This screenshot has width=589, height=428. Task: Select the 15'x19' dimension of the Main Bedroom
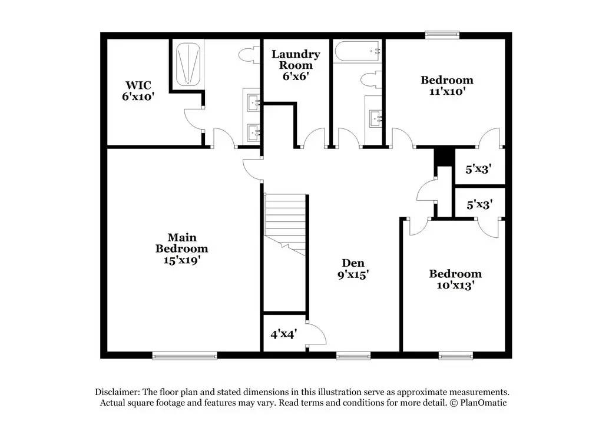[181, 259]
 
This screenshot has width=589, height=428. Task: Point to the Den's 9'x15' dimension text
[353, 274]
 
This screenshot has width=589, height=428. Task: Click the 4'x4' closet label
[284, 333]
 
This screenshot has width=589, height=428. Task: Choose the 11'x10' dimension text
[446, 91]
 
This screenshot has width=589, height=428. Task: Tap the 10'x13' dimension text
[455, 285]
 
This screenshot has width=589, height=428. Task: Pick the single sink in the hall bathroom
[375, 120]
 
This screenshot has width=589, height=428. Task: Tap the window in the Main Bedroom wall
[184, 355]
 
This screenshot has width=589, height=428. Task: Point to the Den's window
[353, 355]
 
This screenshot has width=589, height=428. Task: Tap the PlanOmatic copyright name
[483, 403]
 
